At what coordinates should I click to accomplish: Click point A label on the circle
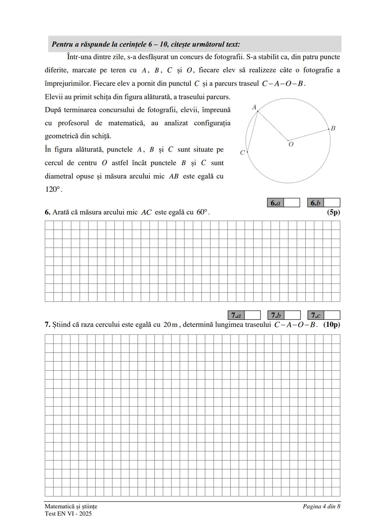point(254,107)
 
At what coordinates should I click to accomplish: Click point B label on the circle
point(333,128)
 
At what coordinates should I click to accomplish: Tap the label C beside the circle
point(242,152)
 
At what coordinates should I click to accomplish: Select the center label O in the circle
point(291,144)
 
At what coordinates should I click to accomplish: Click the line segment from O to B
point(308,135)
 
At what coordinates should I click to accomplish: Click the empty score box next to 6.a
point(292,203)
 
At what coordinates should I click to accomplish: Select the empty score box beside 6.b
point(332,203)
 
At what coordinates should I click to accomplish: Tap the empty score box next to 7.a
point(252,315)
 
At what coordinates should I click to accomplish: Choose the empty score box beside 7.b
point(292,315)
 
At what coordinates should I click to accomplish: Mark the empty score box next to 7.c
point(332,315)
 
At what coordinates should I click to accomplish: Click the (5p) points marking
point(333,212)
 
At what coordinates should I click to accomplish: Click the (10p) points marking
point(331,325)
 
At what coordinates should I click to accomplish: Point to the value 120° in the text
point(53,190)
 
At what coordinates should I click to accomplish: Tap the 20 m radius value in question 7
point(171,325)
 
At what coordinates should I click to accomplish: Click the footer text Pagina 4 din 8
point(321,507)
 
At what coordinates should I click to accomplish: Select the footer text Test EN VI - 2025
point(68,514)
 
